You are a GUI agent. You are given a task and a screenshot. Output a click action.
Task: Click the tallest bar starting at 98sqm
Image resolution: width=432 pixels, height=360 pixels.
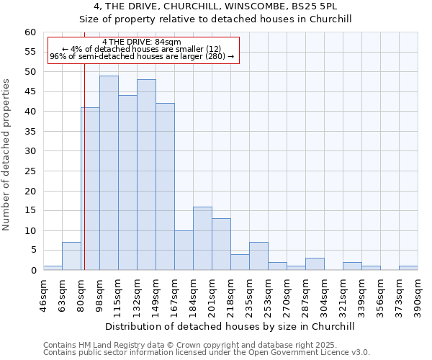click(x=109, y=173)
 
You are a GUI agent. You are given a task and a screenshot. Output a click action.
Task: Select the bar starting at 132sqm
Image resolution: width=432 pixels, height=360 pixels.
click(x=146, y=175)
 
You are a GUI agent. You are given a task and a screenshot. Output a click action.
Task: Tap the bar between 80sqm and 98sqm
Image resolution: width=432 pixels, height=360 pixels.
click(x=90, y=189)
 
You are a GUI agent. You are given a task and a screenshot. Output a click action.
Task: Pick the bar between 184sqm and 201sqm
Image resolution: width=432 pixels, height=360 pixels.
click(x=202, y=238)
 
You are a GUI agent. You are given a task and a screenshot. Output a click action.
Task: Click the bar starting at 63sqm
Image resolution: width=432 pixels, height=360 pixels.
click(x=71, y=256)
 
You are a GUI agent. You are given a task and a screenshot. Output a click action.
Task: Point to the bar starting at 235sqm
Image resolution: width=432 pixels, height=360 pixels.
click(x=258, y=256)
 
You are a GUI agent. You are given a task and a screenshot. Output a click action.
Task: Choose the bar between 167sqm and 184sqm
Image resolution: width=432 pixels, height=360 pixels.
click(x=184, y=251)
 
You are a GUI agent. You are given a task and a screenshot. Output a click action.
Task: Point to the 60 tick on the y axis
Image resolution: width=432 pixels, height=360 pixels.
click(x=30, y=32)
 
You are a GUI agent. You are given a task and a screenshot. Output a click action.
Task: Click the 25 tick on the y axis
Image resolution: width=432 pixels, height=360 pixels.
click(x=30, y=171)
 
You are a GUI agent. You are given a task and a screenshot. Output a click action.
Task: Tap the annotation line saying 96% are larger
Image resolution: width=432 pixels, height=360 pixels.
click(x=142, y=56)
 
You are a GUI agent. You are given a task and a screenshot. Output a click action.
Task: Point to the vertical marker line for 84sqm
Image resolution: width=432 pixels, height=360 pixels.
click(x=84, y=173)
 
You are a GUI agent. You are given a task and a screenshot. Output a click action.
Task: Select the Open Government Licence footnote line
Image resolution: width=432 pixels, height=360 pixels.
click(x=207, y=352)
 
